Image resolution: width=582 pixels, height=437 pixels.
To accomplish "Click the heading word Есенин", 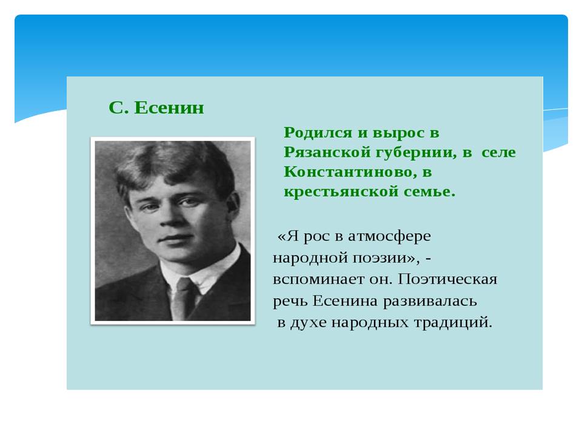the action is pos(169,108).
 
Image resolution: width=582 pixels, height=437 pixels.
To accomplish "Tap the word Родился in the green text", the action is pos(318,133).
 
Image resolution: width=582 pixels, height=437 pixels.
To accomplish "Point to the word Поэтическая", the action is pos(447,279).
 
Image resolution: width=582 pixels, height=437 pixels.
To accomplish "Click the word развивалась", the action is pos(430,301).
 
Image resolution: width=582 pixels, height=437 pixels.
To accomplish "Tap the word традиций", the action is pos(453,322).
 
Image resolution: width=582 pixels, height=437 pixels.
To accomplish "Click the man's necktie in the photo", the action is pos(182,298).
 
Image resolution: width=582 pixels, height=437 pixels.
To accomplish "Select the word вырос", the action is pos(398,134).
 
